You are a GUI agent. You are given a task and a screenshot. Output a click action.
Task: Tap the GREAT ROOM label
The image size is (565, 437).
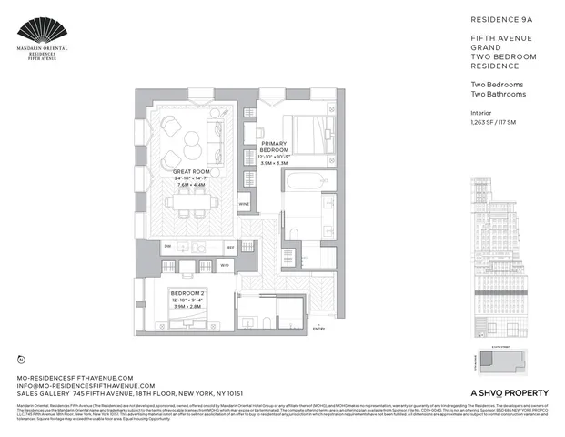click(x=192, y=171)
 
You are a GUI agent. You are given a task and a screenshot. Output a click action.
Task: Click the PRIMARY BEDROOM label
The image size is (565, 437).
click(x=274, y=148)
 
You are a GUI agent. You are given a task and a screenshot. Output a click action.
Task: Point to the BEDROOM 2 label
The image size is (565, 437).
click(x=188, y=293)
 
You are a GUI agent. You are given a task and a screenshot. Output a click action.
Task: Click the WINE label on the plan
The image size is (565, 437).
click(x=244, y=204)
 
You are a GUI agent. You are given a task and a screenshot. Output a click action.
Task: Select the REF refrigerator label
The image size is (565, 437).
click(x=230, y=247)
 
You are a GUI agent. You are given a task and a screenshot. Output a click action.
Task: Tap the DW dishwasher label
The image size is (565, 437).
click(x=167, y=247)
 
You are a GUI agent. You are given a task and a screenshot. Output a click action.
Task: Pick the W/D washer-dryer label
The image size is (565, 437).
click(x=224, y=266)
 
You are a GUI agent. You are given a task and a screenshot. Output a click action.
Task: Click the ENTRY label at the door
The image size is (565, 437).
click(x=318, y=328)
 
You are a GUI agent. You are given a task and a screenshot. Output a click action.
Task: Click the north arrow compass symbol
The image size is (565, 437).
click(x=21, y=361)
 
